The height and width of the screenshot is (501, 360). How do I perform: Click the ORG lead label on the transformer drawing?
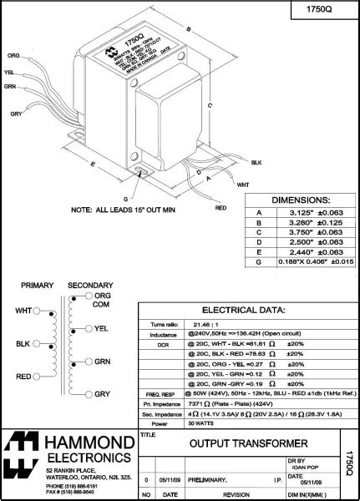pos(13,55)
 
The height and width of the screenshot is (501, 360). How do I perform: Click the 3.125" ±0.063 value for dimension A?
pos(307,212)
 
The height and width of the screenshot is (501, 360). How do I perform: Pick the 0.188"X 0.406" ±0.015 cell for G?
pos(307,261)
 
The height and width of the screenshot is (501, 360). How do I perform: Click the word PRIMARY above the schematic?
pos(38,285)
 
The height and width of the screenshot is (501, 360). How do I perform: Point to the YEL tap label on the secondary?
pos(102,328)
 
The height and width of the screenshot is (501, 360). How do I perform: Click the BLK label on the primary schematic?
pos(23,343)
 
